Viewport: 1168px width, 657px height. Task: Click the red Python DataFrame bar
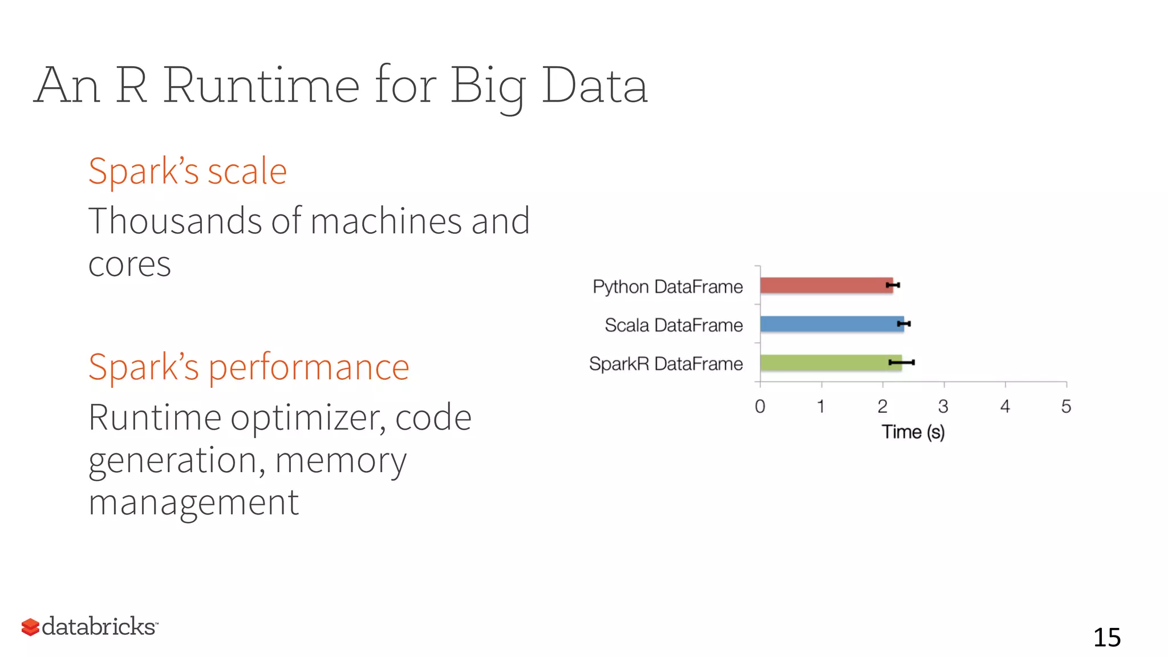click(826, 285)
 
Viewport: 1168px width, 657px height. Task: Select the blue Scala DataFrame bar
click(832, 324)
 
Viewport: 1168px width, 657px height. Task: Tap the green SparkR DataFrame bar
click(830, 363)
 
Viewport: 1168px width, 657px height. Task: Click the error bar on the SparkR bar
click(902, 362)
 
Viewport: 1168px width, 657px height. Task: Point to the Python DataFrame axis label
click(667, 286)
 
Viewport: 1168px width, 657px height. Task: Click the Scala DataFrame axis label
click(674, 325)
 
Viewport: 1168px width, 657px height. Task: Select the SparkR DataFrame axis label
click(666, 364)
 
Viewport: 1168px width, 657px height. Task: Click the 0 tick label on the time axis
click(760, 407)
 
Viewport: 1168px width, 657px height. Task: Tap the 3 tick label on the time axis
click(943, 407)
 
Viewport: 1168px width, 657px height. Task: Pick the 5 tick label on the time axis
click(1066, 407)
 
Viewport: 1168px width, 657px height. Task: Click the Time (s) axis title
click(913, 432)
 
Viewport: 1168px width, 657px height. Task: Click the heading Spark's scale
click(188, 171)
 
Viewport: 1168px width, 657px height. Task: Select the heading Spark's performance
click(249, 367)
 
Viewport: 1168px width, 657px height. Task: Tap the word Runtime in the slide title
click(261, 86)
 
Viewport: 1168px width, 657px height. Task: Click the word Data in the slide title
click(594, 86)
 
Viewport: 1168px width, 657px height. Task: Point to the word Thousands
click(175, 221)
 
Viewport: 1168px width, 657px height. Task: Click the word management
click(193, 503)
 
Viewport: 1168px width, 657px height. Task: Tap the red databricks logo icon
click(30, 627)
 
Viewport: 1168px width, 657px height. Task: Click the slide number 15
click(1106, 637)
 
